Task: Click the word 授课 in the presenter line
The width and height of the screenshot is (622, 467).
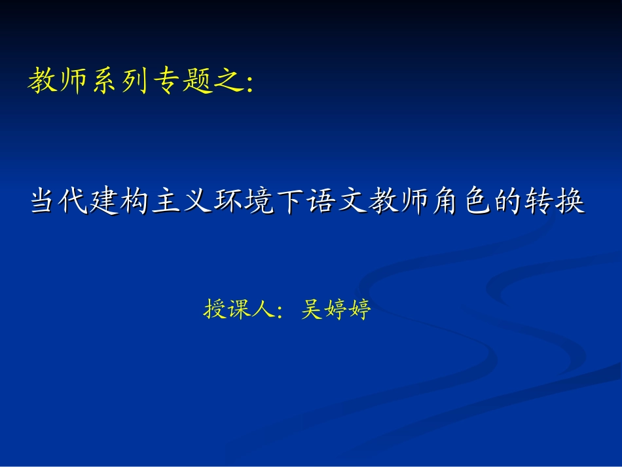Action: pos(227,309)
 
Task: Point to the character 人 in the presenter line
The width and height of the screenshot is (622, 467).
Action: pos(263,309)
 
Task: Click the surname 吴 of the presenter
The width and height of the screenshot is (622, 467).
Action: pos(312,309)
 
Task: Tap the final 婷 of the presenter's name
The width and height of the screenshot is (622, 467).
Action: pos(359,309)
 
